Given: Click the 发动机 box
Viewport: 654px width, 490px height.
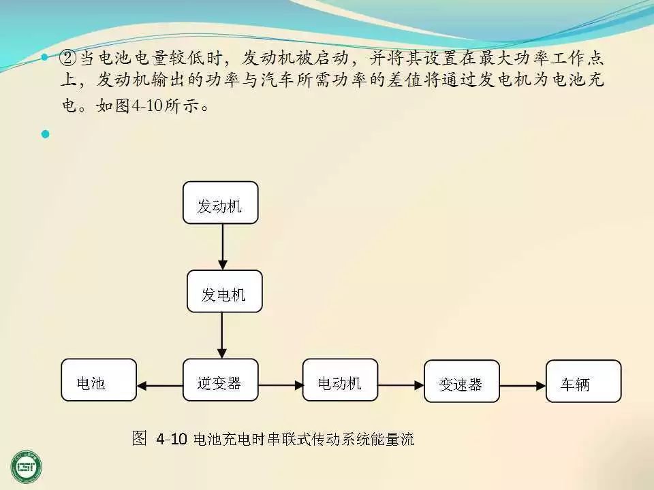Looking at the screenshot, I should [x=220, y=202].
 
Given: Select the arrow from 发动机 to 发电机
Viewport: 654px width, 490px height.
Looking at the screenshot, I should [x=222, y=246].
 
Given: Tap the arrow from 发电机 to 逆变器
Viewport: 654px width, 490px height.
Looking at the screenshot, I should [x=222, y=336].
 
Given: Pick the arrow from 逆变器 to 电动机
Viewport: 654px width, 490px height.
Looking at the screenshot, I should [x=281, y=385].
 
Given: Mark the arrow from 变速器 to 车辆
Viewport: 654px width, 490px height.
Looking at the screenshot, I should [x=523, y=385].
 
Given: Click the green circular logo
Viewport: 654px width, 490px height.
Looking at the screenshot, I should [x=27, y=466].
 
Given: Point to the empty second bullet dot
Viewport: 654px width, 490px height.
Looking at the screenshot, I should [x=46, y=133].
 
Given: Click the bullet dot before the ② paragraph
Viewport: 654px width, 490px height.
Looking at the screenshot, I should [x=46, y=57].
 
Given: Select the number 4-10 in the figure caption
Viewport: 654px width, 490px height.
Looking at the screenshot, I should [x=171, y=439].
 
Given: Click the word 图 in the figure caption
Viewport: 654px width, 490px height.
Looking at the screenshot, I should [x=139, y=438].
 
